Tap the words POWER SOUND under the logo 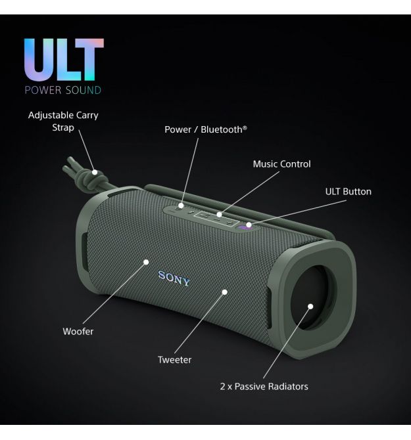pos(63,90)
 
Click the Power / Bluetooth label pos(205,130)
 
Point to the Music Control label pos(281,164)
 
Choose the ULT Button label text pos(348,192)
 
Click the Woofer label pos(78,332)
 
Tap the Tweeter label pos(174,360)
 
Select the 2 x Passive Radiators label pos(264,386)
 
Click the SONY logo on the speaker pos(174,278)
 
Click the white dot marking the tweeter pos(225,291)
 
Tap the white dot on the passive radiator pos(310,306)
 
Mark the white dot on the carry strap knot pos(95,173)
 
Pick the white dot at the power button pos(180,206)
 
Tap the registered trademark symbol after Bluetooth pos(245,128)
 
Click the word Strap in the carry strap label pos(63,127)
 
